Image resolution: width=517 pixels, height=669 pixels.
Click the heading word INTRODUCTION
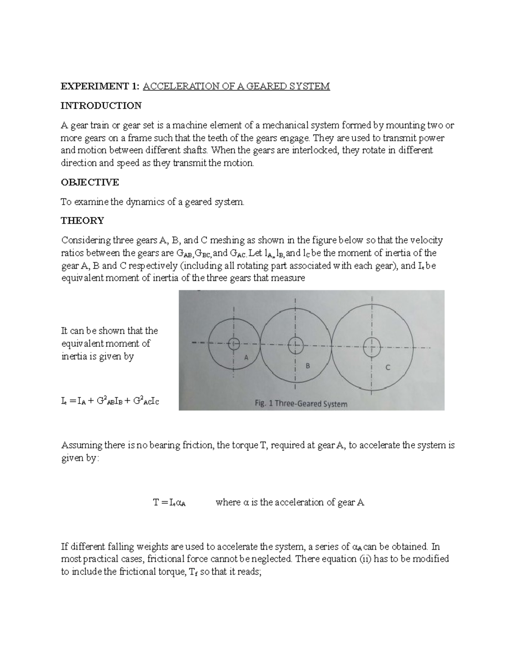pos(101,106)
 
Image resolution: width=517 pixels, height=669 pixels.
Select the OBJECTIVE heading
pos(90,182)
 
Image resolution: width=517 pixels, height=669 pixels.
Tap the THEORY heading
pos(82,221)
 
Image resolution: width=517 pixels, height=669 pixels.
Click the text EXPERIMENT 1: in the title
pos(100,86)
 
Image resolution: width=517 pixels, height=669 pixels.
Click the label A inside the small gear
pos(246,357)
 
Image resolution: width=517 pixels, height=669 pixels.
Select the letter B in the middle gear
pos(308,366)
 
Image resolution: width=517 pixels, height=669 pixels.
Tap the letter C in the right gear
pos(388,367)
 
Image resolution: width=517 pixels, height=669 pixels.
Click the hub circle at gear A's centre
pos(234,343)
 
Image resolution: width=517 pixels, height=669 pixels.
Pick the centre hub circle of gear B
pos(295,344)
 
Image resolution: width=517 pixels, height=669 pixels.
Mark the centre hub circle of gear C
pos(371,346)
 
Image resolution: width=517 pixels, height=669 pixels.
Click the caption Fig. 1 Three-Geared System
pos(299,404)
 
